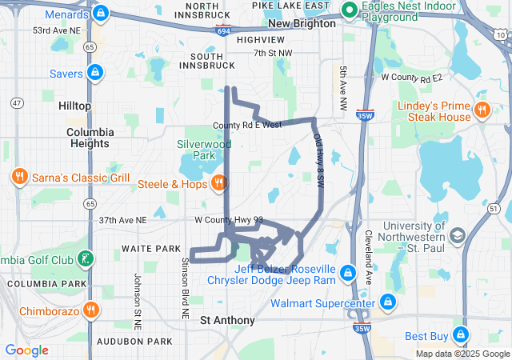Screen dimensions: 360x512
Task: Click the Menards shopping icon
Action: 100,14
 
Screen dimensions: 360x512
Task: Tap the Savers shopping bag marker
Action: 95,74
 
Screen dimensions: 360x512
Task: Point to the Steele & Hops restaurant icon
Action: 218,184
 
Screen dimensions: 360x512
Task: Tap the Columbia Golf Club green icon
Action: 85,259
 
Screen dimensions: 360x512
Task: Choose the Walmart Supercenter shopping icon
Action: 387,302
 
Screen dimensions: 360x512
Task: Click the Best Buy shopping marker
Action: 460,334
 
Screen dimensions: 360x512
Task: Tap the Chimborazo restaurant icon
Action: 91,310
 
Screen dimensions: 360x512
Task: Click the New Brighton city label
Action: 302,23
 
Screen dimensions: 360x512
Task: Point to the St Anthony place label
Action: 227,320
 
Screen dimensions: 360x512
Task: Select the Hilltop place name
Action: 74,106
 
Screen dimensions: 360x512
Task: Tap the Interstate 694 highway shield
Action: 224,29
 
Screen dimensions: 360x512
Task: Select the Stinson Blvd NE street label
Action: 184,281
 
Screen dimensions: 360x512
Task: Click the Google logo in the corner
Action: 27,350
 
